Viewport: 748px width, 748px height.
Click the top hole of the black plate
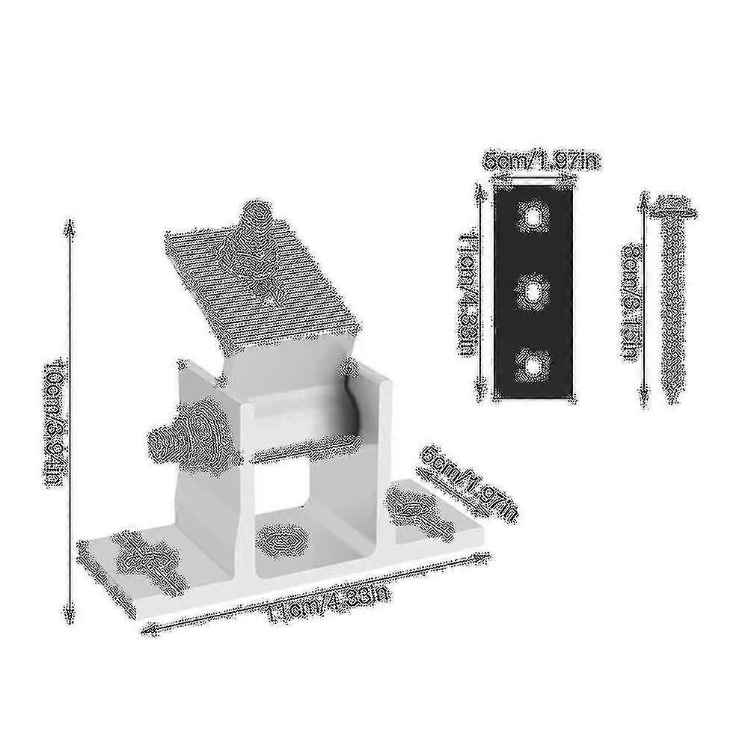[533, 218]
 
